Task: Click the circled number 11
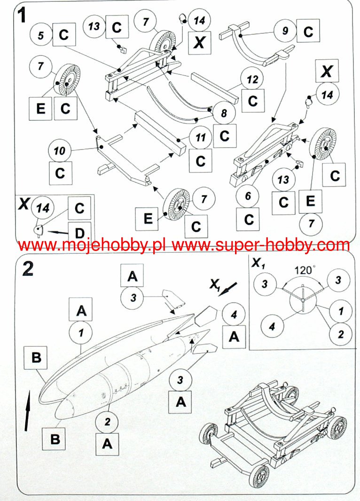pyautogui.click(x=201, y=138)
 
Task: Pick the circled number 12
pyautogui.click(x=253, y=80)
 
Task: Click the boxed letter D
pyautogui.click(x=80, y=232)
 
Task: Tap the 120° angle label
pyautogui.click(x=305, y=271)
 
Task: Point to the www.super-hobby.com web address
pyautogui.click(x=263, y=245)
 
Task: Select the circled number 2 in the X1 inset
pyautogui.click(x=340, y=334)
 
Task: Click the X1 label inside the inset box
pyautogui.click(x=258, y=264)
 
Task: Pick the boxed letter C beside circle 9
pyautogui.click(x=308, y=31)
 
